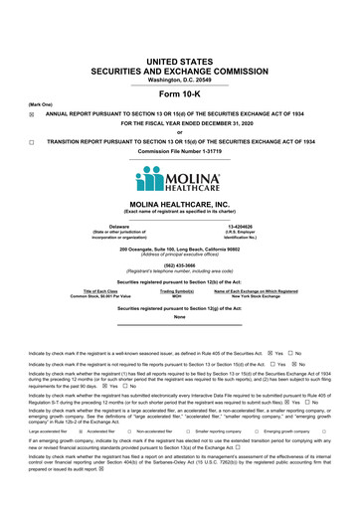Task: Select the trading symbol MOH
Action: point(176,296)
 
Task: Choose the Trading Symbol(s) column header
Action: point(176,289)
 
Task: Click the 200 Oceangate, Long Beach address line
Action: point(180,247)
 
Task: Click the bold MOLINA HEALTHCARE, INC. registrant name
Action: point(180,204)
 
